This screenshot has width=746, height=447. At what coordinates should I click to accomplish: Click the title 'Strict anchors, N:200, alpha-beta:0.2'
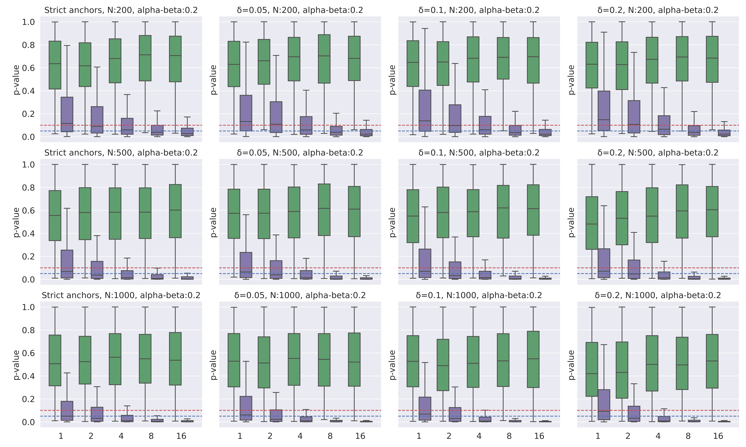(121, 10)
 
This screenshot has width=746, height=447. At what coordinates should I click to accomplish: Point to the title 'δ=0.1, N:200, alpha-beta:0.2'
(479, 10)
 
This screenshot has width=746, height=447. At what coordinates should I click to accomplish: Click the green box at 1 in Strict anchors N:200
(55, 65)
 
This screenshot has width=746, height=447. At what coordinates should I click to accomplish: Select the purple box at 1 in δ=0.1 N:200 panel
(425, 111)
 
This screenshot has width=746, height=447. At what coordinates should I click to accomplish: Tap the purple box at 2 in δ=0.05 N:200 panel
(276, 117)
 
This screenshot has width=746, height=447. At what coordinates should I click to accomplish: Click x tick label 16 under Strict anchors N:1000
(181, 436)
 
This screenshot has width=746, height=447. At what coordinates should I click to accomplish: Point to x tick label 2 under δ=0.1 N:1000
(449, 436)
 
